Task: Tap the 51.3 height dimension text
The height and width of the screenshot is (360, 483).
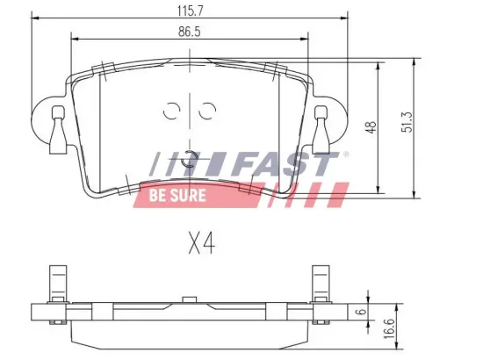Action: (x=407, y=127)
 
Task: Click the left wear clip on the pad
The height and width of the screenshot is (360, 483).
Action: (x=58, y=130)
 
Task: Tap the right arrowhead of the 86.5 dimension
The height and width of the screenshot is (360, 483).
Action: (x=306, y=40)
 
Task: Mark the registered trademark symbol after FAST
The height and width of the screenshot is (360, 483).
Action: (x=345, y=155)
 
